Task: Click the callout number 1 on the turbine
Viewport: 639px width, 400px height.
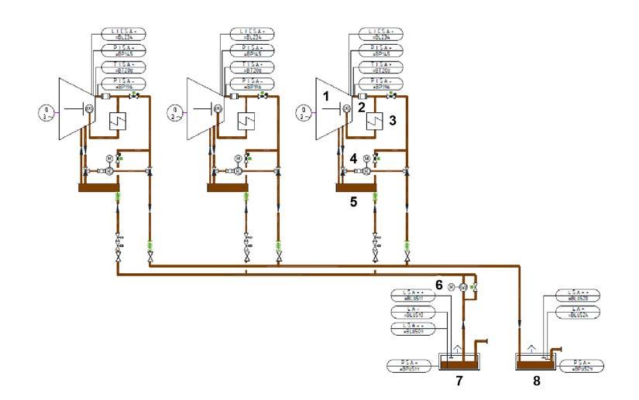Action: tap(327, 97)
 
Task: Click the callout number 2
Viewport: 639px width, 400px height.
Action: tap(360, 108)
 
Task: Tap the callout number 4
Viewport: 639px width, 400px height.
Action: tap(354, 158)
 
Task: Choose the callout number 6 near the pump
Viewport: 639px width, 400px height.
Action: tap(438, 285)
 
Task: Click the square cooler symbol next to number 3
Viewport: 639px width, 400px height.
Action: tap(376, 121)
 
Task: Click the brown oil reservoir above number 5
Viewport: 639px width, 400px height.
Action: tap(356, 186)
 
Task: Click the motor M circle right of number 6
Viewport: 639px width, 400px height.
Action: tap(451, 288)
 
